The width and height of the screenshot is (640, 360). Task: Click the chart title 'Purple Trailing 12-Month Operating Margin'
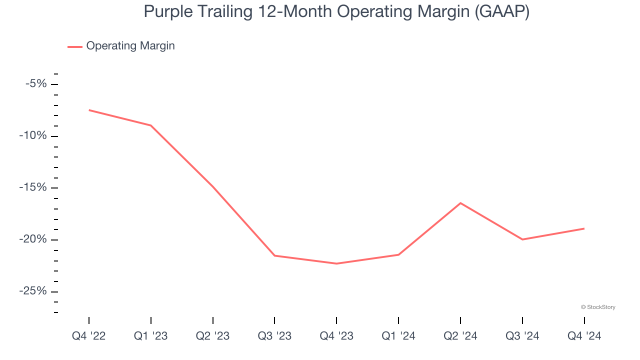(x=336, y=11)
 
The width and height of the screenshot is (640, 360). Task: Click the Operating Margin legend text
(x=130, y=46)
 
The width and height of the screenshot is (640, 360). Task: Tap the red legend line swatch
(x=75, y=46)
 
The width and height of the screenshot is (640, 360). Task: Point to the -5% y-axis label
(x=36, y=83)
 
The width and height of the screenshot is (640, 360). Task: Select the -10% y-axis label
(x=34, y=136)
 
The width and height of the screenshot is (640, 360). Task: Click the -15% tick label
(x=34, y=187)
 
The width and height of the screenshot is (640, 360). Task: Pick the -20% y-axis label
(x=34, y=239)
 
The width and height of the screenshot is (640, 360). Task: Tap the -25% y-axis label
(x=34, y=291)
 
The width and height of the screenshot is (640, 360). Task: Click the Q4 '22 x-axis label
(x=89, y=336)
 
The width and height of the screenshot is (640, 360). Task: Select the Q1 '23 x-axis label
(x=151, y=336)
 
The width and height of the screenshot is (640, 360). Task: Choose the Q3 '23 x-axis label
(x=274, y=336)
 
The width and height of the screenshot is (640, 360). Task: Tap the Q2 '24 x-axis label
(x=460, y=336)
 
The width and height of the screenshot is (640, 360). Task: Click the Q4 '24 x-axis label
(x=584, y=336)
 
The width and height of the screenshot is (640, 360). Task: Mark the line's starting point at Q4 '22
(x=89, y=110)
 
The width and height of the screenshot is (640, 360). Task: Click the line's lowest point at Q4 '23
(x=336, y=263)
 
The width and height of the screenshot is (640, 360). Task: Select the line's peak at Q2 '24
(x=460, y=203)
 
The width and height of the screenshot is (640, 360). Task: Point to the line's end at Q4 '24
(x=584, y=228)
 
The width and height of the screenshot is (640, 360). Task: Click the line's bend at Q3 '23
(x=274, y=255)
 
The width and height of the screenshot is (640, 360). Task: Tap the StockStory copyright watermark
(x=598, y=307)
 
